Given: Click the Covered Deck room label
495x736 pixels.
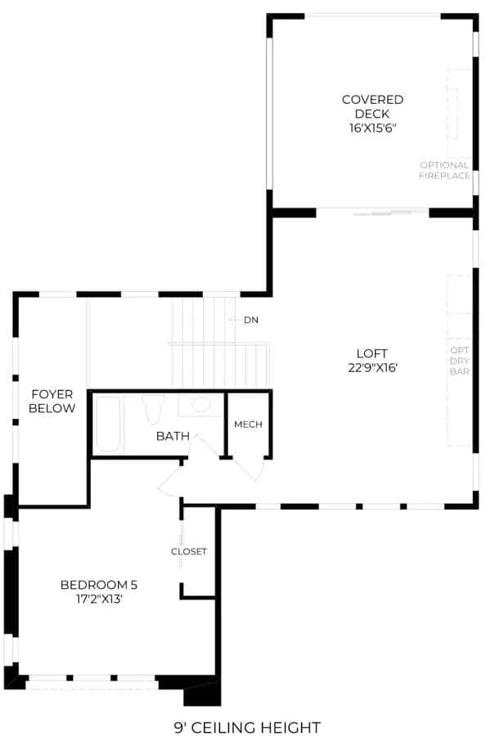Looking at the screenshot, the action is [372, 106].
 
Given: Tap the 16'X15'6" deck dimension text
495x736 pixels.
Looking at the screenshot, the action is [372, 128].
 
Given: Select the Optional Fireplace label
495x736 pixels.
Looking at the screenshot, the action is [444, 170].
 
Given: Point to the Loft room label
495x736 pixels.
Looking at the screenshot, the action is [372, 353].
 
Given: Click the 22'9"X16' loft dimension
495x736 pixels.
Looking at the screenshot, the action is [372, 367].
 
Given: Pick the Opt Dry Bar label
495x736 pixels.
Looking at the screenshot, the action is [459, 361].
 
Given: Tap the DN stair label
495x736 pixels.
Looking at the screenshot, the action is [251, 320].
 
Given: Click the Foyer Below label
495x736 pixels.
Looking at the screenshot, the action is [52, 402].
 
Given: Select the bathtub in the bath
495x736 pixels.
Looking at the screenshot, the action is [108, 424].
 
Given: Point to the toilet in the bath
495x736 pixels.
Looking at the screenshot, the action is [153, 408].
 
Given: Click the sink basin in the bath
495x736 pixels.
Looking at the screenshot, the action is [201, 405].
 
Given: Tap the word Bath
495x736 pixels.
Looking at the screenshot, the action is [173, 436].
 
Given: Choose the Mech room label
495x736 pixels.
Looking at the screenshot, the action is [248, 424].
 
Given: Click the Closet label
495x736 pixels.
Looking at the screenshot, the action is [189, 551].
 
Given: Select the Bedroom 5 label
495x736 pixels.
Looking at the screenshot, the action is [99, 585].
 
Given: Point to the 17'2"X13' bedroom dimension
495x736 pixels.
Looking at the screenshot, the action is [99, 599].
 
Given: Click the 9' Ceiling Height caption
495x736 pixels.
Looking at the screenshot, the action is [247, 728].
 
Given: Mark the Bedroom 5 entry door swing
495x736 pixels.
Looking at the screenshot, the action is [170, 481].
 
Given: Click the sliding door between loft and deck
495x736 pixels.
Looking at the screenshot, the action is [391, 213].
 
